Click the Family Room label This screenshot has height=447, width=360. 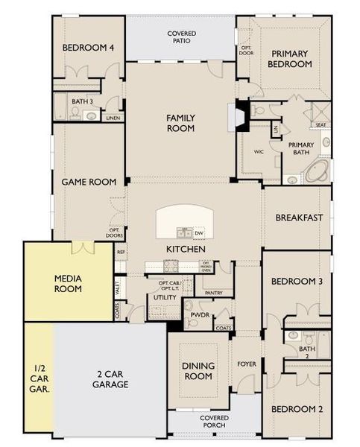tap(180, 123)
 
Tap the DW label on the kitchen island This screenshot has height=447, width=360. tap(199, 232)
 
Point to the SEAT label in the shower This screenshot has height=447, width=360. tap(320, 125)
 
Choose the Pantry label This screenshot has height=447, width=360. tap(214, 293)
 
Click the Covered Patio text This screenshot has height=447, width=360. tap(182, 38)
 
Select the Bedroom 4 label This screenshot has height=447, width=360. tap(88, 48)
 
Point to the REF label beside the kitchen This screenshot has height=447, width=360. tap(120, 252)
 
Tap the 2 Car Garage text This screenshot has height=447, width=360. tap(111, 379)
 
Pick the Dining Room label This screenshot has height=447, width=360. tap(198, 370)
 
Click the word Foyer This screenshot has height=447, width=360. tap(246, 365)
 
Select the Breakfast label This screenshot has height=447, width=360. tap(299, 218)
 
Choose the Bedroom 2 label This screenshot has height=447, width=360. tap(296, 409)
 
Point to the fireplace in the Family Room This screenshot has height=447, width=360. tap(241, 117)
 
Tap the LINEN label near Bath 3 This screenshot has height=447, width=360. tap(113, 118)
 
